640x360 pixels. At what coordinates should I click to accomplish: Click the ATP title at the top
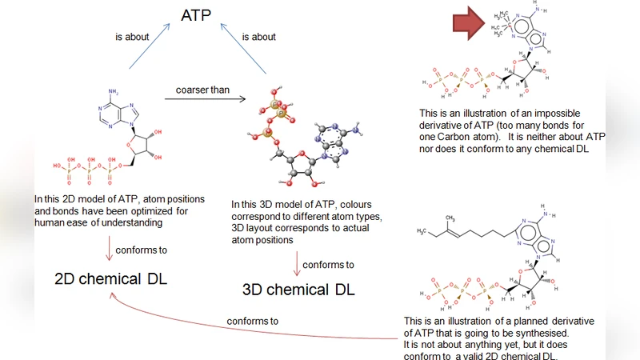tap(195, 15)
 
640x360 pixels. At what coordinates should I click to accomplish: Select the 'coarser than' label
tap(202, 90)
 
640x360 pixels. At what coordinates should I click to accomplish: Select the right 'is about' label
tap(258, 37)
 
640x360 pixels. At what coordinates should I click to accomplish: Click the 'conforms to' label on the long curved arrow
tap(253, 322)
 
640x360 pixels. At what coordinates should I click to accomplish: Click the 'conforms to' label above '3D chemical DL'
tap(328, 264)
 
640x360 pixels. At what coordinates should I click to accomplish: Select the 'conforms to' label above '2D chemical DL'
tap(141, 250)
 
